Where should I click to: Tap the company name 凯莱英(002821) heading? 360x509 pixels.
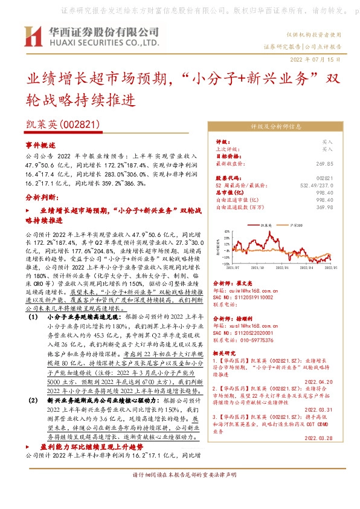click(63, 124)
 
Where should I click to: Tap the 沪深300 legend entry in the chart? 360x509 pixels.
click(297, 223)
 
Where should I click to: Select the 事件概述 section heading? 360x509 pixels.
click(40, 146)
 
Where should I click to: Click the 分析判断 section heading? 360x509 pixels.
click(42, 198)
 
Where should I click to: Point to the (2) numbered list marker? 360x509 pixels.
click(33, 400)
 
